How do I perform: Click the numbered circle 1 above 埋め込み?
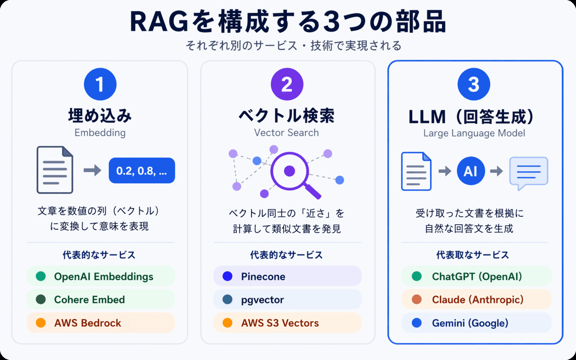click(100, 84)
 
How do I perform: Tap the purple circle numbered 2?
click(287, 84)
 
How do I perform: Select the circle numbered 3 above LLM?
click(474, 84)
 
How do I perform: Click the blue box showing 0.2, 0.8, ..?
click(142, 171)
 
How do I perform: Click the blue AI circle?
click(471, 171)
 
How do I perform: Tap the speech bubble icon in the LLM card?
click(528, 172)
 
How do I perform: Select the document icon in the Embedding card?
click(55, 170)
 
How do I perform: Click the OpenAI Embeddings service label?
click(103, 276)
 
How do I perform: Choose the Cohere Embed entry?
click(89, 300)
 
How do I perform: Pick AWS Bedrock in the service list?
click(87, 323)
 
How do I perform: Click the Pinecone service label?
click(263, 276)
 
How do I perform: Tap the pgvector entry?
click(262, 300)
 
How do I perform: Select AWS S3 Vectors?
click(280, 323)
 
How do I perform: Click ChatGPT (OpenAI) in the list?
click(477, 276)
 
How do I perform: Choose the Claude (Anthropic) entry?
click(477, 300)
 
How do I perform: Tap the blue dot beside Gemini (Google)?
click(417, 323)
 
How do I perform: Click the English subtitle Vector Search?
click(287, 133)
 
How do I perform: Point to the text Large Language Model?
click(474, 133)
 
